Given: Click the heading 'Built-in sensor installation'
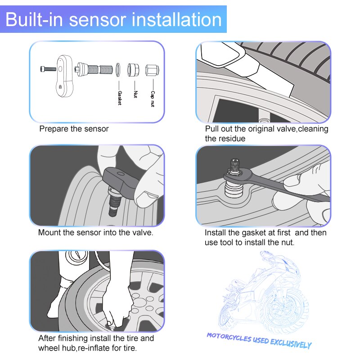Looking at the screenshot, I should (114, 19).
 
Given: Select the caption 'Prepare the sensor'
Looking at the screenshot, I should (74, 129).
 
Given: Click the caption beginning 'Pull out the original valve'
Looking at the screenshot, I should (266, 134).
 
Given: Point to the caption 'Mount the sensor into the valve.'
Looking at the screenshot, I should (95, 233).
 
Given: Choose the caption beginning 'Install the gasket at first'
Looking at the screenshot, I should (265, 238).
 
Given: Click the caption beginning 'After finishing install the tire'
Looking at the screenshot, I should (96, 343).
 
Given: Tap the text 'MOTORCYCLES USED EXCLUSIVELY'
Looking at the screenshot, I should (259, 340).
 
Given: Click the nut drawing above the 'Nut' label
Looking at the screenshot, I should (134, 70).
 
